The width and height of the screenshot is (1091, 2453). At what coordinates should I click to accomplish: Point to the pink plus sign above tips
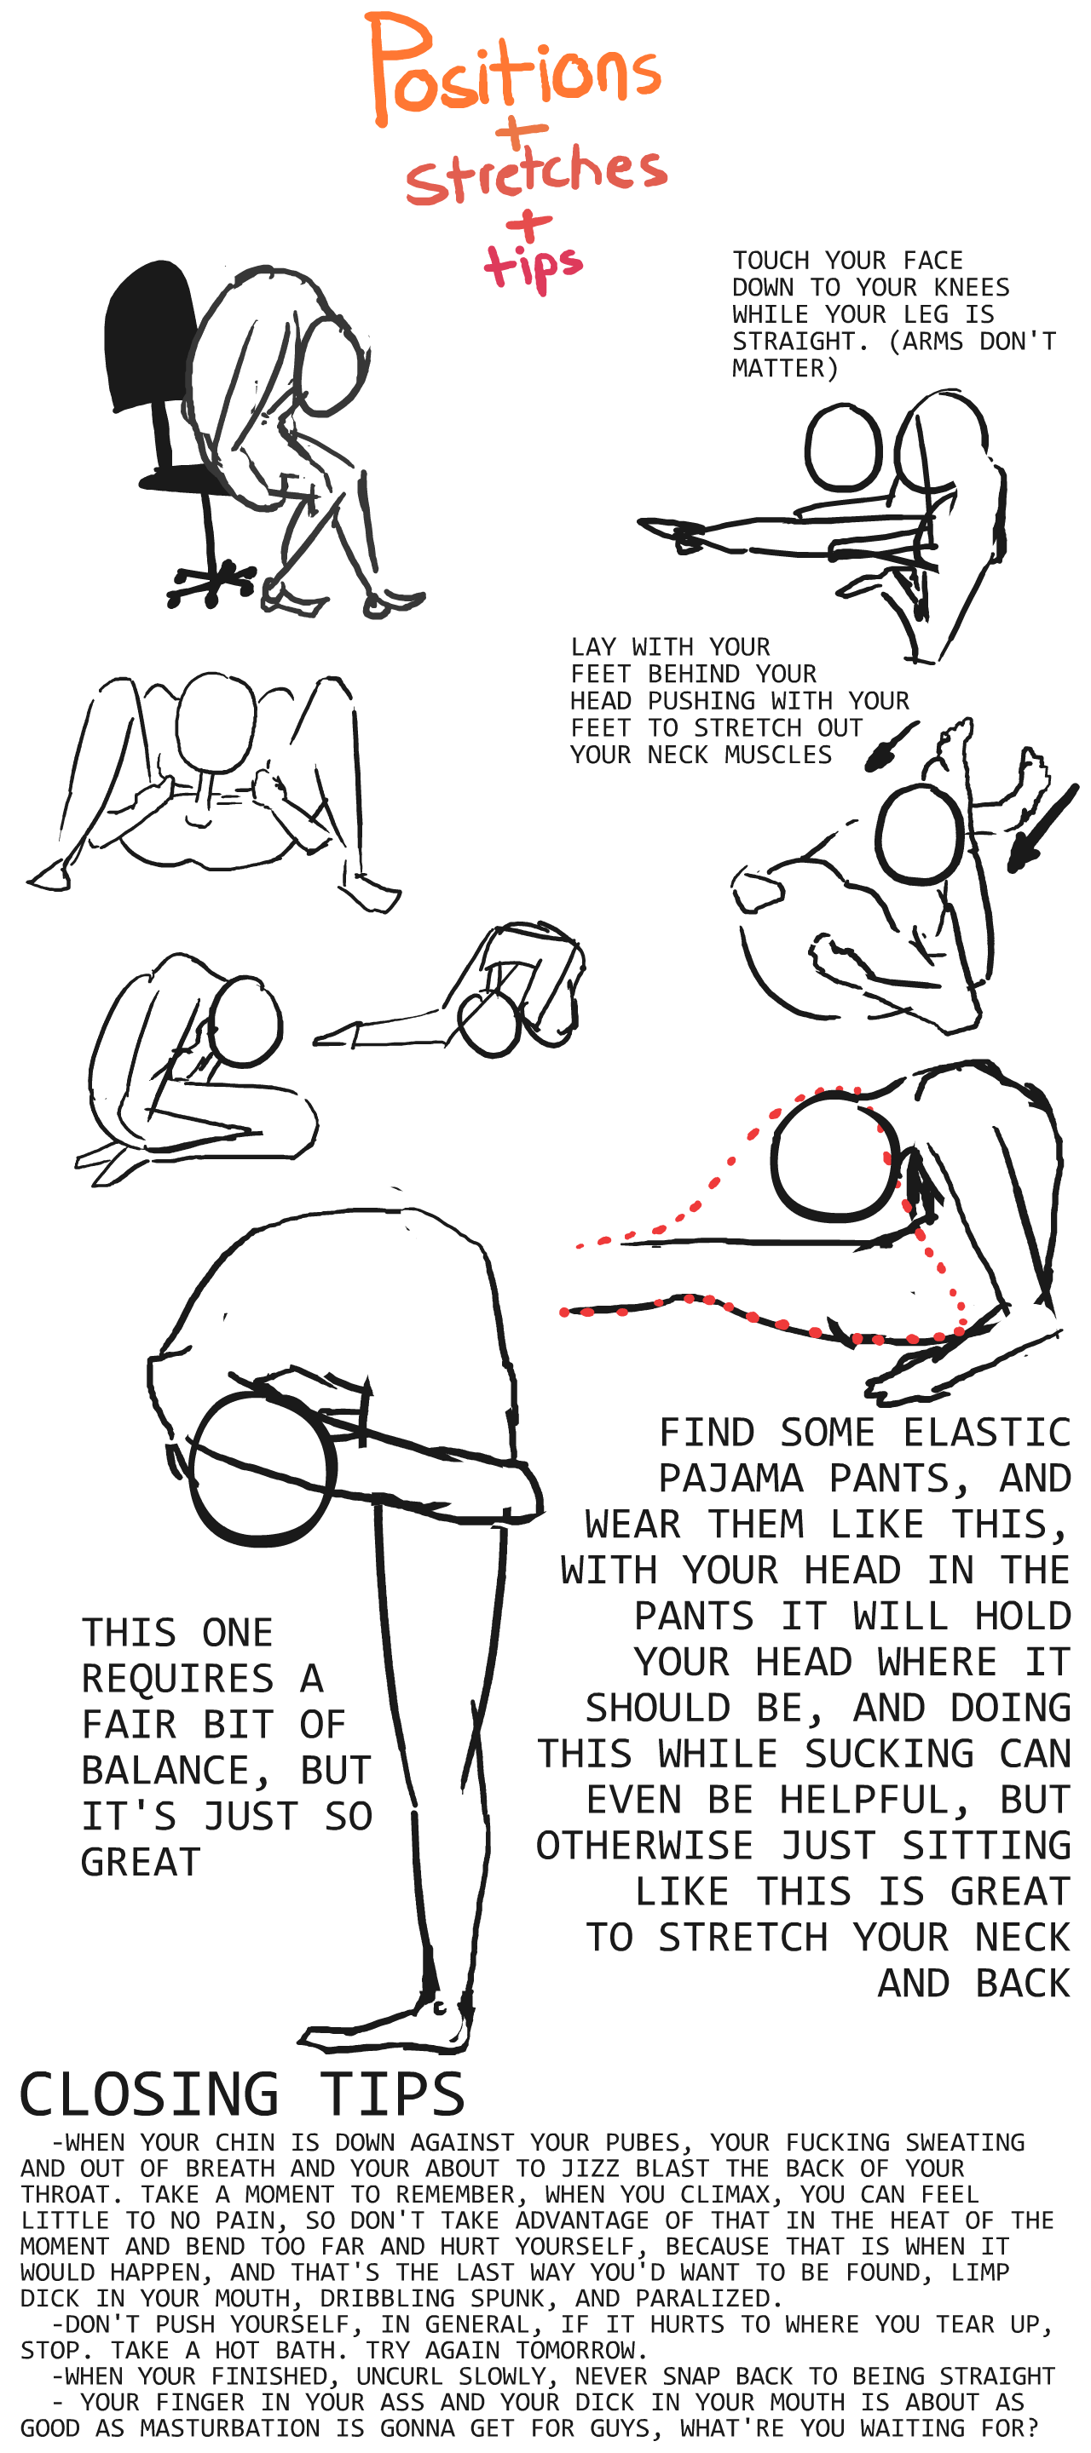pyautogui.click(x=528, y=227)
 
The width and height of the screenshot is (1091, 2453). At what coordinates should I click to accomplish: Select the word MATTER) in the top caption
pyautogui.click(x=785, y=369)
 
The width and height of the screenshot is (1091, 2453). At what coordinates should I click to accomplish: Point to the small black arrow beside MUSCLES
pyautogui.click(x=891, y=747)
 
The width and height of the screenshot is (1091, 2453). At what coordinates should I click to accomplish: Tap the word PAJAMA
pyautogui.click(x=730, y=1479)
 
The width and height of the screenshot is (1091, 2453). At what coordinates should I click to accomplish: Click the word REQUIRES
pyautogui.click(x=177, y=1679)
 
